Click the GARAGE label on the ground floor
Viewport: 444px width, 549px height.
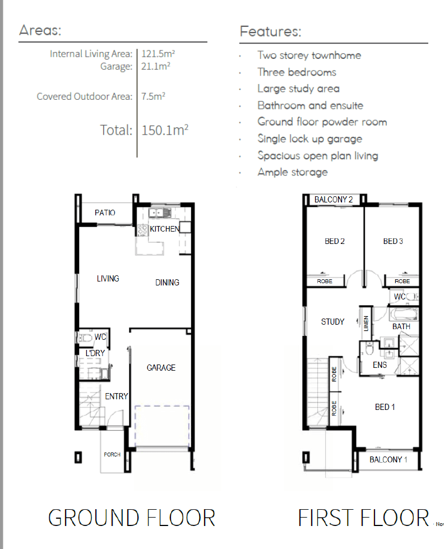click(x=161, y=368)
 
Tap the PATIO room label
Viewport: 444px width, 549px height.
click(x=105, y=213)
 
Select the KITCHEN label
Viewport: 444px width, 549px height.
click(x=165, y=229)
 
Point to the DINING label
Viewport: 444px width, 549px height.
click(x=167, y=283)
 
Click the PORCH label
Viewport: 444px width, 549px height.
click(x=112, y=454)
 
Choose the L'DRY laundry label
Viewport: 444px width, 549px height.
click(x=95, y=353)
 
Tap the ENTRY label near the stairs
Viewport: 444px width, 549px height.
click(x=116, y=396)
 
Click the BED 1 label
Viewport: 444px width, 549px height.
click(x=385, y=407)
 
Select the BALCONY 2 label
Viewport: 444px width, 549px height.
click(x=334, y=200)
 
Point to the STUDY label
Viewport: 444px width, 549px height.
click(x=332, y=322)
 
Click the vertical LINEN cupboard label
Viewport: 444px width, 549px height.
click(x=366, y=323)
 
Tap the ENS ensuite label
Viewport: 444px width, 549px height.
click(x=380, y=365)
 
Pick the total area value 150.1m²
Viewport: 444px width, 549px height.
click(x=165, y=130)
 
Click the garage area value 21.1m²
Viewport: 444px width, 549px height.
click(x=156, y=66)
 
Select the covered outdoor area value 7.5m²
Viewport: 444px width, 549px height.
click(x=153, y=96)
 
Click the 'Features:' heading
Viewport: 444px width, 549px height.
click(x=270, y=31)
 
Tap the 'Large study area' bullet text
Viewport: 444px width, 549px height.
click(x=298, y=89)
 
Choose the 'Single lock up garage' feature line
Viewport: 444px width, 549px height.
click(x=309, y=139)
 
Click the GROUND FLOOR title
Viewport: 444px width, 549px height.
click(x=132, y=518)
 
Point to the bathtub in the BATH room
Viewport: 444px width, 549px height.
click(x=404, y=313)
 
